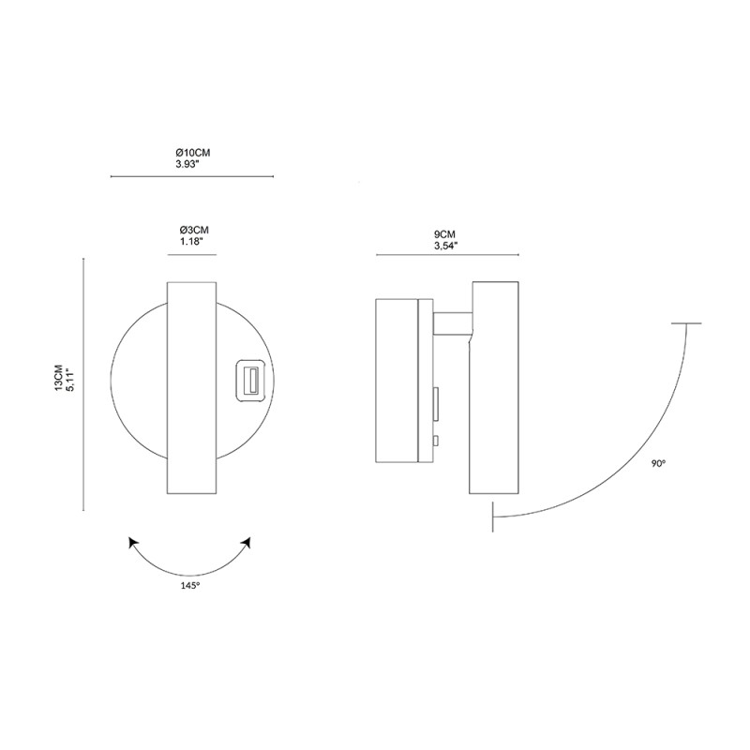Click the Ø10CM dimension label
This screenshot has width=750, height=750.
click(x=193, y=152)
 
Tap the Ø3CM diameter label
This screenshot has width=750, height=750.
click(x=193, y=230)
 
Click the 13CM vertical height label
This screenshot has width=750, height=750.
click(x=59, y=379)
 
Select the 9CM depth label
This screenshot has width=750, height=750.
click(x=445, y=234)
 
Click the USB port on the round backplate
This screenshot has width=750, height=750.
click(x=250, y=381)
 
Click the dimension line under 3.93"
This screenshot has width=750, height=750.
click(x=192, y=175)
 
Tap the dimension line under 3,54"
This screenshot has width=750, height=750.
click(x=447, y=254)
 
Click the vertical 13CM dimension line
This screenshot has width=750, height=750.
click(x=84, y=384)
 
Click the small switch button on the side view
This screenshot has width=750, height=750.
click(x=436, y=441)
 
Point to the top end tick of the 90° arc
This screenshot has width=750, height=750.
click(x=686, y=323)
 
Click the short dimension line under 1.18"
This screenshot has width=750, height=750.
click(x=192, y=253)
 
